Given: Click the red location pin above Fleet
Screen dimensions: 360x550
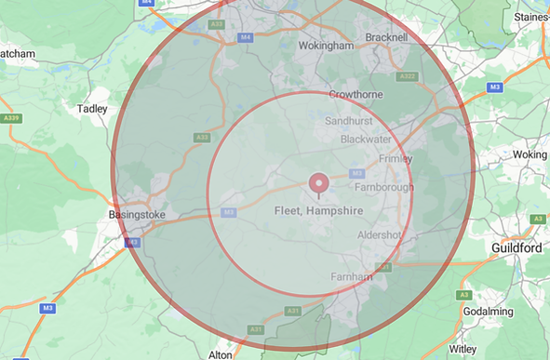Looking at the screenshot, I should pyautogui.click(x=318, y=183).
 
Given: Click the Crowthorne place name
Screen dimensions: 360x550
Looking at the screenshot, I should pyautogui.click(x=356, y=95).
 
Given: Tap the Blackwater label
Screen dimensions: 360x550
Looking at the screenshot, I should pyautogui.click(x=366, y=139).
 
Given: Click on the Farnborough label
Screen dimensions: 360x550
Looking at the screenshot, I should pyautogui.click(x=384, y=186).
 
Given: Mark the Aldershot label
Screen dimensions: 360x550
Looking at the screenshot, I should pyautogui.click(x=379, y=233).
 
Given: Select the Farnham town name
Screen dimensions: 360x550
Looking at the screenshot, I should pyautogui.click(x=352, y=277).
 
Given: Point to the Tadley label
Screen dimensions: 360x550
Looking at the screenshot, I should pyautogui.click(x=93, y=109).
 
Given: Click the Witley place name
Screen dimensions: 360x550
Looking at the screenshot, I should pyautogui.click(x=463, y=349).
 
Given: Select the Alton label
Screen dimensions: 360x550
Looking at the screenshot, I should pyautogui.click(x=221, y=354).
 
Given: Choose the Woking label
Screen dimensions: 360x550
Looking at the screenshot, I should pyautogui.click(x=531, y=153).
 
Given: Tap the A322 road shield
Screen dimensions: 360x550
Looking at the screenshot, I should pyautogui.click(x=407, y=76).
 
